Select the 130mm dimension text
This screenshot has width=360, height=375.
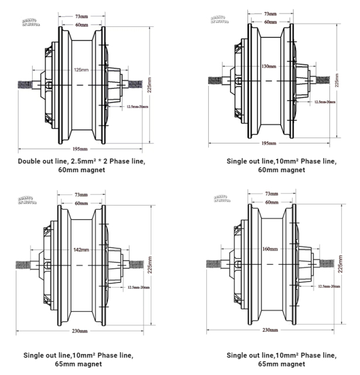pyautogui.click(x=268, y=66)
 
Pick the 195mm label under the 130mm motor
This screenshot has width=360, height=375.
pyautogui.click(x=269, y=143)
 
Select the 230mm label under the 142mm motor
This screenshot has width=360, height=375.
pyautogui.click(x=80, y=331)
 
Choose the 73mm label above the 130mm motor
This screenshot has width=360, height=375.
pyautogui.click(x=270, y=13)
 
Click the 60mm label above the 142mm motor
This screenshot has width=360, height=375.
pyautogui.click(x=80, y=203)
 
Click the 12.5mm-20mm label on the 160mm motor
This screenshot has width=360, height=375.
pyautogui.click(x=328, y=286)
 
